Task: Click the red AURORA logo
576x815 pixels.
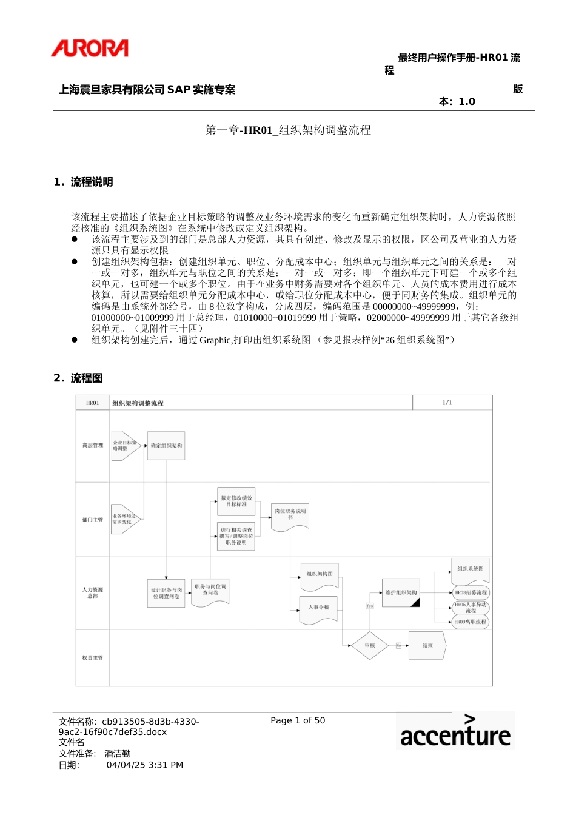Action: point(90,49)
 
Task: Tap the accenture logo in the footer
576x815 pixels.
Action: point(455,731)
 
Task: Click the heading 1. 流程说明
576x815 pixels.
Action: point(83,182)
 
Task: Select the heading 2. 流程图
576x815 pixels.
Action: point(78,378)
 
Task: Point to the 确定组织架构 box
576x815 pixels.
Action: point(166,446)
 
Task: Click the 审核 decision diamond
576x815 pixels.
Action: point(370,646)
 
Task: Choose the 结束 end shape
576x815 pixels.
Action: point(427,646)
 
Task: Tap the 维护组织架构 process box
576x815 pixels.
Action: point(401,593)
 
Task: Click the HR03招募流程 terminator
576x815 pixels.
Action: point(471,592)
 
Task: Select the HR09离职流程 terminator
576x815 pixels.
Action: point(471,622)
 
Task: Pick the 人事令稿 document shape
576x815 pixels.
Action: point(319,608)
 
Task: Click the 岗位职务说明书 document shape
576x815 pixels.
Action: point(290,515)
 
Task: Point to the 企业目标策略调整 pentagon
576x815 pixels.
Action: point(124,446)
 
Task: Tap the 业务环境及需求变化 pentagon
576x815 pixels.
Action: point(124,519)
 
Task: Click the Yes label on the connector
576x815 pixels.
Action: point(370,606)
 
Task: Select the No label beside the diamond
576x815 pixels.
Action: point(398,646)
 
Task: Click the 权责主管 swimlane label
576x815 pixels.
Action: point(93,657)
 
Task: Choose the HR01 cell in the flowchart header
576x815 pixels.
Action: point(93,403)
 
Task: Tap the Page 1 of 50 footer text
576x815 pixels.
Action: point(298,720)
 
